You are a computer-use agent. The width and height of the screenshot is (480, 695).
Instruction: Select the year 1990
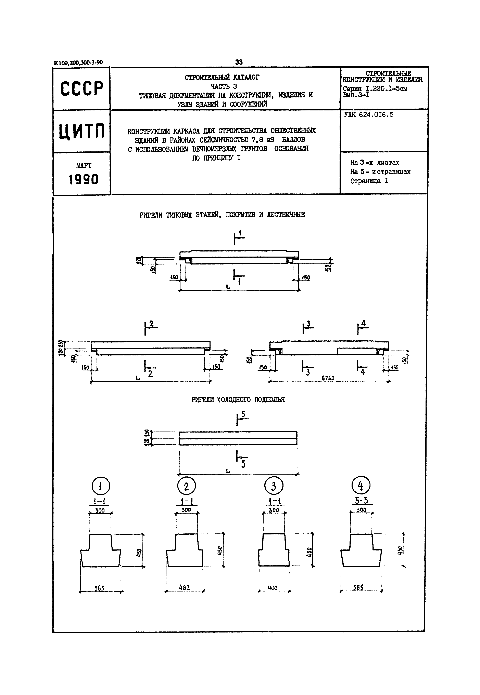point(83,180)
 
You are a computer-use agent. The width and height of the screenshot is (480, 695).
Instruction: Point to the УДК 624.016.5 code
point(368,114)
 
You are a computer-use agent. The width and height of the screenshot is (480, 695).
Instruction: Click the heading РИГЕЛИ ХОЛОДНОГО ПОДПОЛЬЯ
point(238,399)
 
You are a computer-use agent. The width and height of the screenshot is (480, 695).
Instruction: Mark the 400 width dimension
point(273,587)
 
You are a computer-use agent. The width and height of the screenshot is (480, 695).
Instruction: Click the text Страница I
point(369,181)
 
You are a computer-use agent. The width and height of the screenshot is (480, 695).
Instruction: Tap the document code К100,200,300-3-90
point(78,63)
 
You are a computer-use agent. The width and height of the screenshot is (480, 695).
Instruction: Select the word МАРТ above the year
point(84,165)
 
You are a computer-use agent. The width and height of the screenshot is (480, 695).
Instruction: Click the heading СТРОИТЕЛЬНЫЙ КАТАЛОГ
point(222,77)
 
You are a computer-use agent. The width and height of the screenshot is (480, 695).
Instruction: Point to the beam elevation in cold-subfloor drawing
point(238,438)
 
